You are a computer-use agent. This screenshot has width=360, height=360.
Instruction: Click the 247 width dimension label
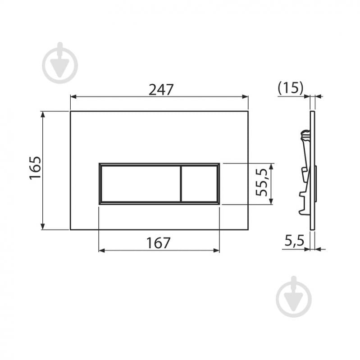click(x=161, y=90)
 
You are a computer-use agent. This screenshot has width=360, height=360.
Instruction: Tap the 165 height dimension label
click(x=35, y=168)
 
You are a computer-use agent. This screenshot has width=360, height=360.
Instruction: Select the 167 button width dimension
click(x=159, y=243)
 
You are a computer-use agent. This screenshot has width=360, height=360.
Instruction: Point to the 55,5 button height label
click(x=262, y=182)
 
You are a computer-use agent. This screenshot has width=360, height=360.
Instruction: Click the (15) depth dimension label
click(x=291, y=88)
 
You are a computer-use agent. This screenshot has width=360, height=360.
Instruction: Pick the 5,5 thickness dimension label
click(x=294, y=241)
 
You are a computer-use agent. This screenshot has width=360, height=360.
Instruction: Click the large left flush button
click(x=141, y=184)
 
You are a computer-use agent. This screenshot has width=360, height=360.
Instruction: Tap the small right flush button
click(x=199, y=184)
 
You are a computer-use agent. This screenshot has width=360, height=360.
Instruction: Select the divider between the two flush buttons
click(x=181, y=184)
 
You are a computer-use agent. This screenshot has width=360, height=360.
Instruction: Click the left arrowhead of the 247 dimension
click(x=73, y=97)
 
